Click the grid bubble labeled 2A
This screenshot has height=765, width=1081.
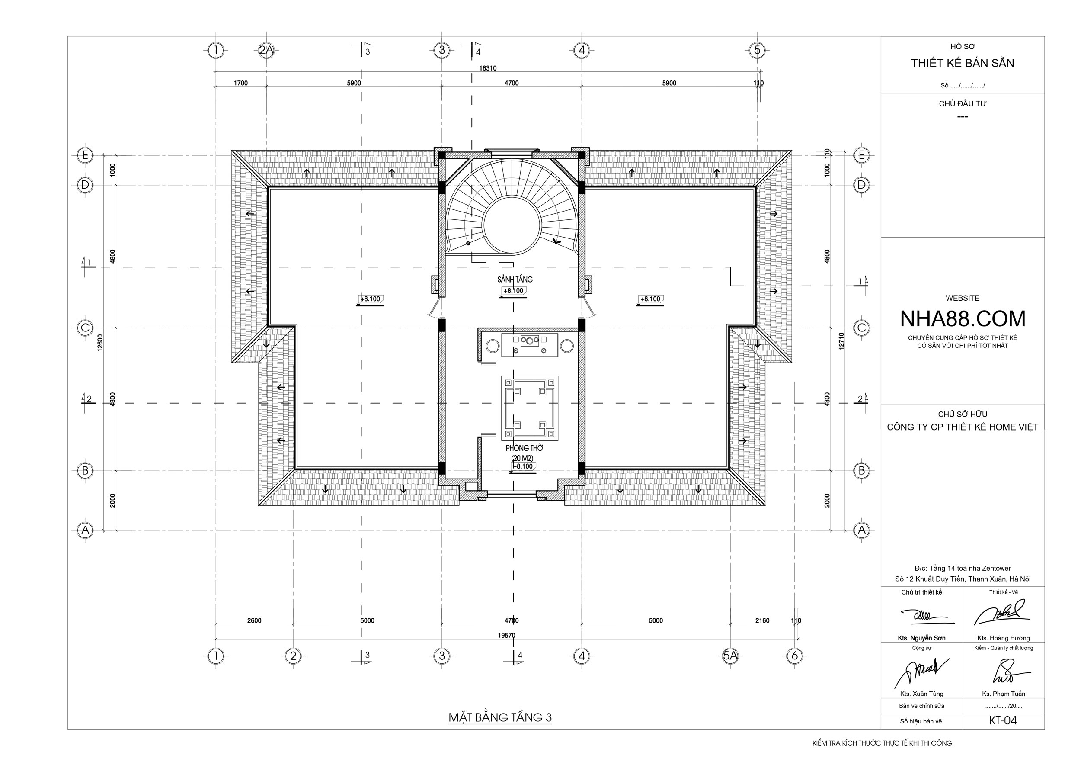[x=266, y=50]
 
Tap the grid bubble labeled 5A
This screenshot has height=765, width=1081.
[x=730, y=655]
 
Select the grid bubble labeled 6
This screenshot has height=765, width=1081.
[x=795, y=655]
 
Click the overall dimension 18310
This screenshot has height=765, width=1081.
[x=488, y=68]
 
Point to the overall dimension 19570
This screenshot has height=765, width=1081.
[x=507, y=636]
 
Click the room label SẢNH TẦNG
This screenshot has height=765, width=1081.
[x=515, y=280]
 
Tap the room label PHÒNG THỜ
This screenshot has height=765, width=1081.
[x=525, y=448]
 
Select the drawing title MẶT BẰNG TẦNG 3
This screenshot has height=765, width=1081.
[x=500, y=717]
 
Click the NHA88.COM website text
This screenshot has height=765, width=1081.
[x=963, y=319]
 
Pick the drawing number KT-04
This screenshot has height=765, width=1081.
[x=1003, y=721]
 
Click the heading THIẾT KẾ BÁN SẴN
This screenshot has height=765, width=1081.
[x=963, y=63]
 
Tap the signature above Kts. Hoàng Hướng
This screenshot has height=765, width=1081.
[x=1001, y=613]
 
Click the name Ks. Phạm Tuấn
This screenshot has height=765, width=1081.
[x=1003, y=694]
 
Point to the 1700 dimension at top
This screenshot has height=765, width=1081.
[x=240, y=84]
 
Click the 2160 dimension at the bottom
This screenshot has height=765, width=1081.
[x=762, y=621]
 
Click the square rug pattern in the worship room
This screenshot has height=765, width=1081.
[x=530, y=408]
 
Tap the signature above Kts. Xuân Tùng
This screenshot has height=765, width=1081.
[x=921, y=671]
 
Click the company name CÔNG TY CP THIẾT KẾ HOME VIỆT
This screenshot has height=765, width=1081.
[x=963, y=427]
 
